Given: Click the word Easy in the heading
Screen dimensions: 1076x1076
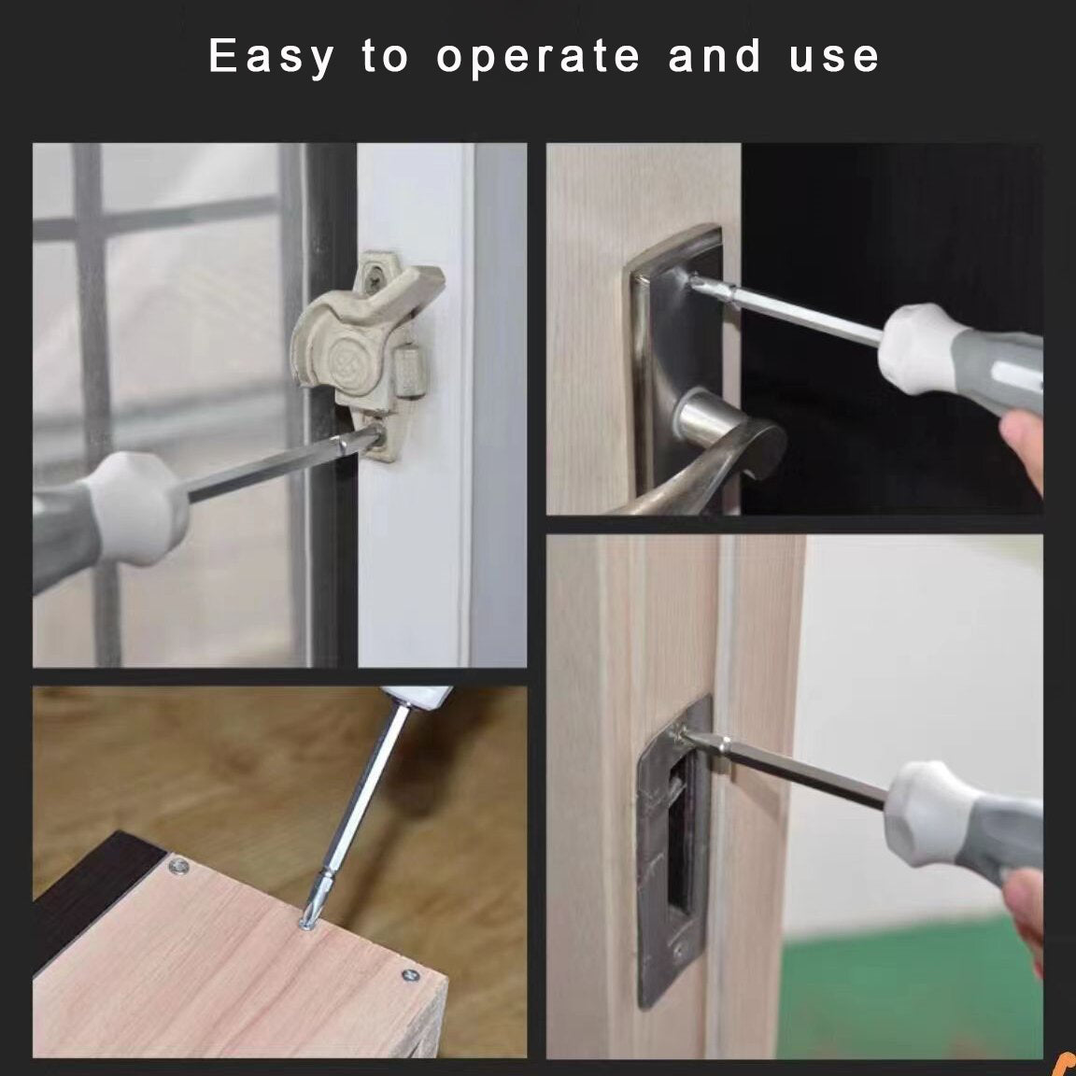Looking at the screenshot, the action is point(272,57).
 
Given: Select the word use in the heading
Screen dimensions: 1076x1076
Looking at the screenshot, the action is point(834,57).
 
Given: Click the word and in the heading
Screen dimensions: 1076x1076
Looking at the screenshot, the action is point(715,55).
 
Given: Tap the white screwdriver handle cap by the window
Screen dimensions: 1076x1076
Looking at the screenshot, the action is point(137,508).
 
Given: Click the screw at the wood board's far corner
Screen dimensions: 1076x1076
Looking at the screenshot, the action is point(179,868).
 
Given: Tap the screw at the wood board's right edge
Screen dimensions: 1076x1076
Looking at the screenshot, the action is point(410,974).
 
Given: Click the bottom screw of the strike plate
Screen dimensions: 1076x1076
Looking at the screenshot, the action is point(679,950).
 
